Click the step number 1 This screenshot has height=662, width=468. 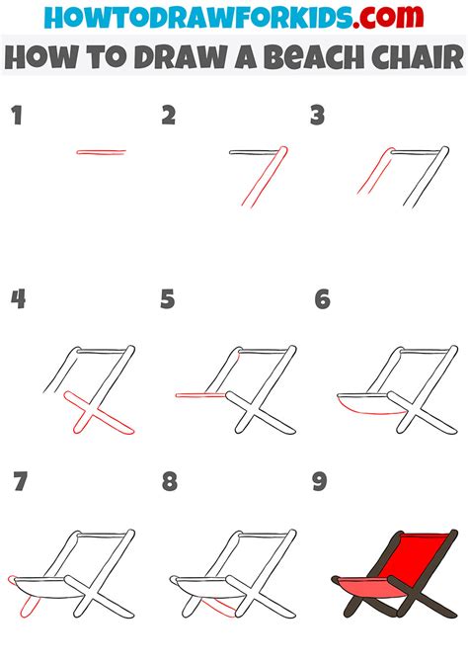17,116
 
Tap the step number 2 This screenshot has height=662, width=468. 169,116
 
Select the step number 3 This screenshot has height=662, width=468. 317,116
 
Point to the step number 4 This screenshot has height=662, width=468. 18,299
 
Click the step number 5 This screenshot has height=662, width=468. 168,299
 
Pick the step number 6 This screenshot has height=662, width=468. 323,299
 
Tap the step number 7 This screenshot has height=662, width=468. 21,481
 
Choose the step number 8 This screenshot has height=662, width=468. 170,481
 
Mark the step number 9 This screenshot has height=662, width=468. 320,481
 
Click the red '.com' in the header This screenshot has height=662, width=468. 388,17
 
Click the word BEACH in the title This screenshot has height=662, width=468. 309,57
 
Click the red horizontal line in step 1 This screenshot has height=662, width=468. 102,152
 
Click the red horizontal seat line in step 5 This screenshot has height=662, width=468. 200,395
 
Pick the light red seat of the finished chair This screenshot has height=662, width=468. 372,588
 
